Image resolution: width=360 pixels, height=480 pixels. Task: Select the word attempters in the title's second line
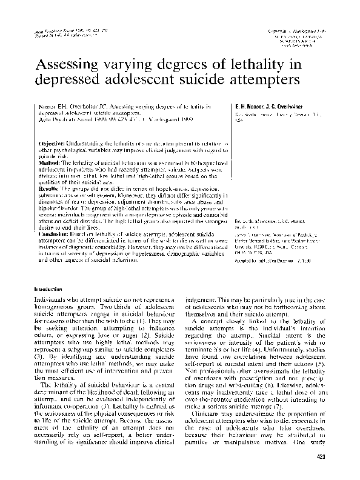[x=260, y=81]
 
